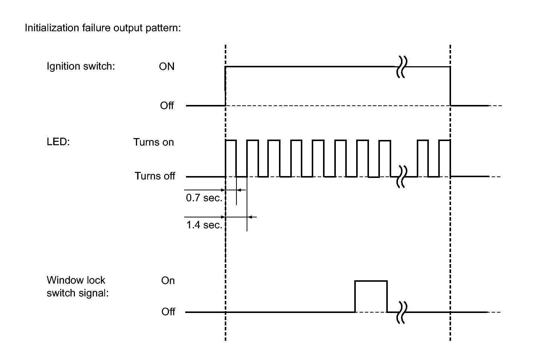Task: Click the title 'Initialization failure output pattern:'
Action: click(103, 28)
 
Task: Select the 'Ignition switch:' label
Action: click(81, 66)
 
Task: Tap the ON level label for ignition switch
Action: click(167, 67)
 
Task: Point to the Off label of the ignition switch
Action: click(167, 105)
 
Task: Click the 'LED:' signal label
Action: click(58, 142)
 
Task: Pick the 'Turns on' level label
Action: click(153, 142)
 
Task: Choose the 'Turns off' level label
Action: click(155, 176)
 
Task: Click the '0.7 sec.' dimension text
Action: click(204, 198)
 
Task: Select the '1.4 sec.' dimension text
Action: click(204, 225)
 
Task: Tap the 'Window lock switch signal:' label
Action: click(78, 287)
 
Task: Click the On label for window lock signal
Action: click(168, 281)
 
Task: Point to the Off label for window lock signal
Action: click(168, 311)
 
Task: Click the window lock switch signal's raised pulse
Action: click(371, 281)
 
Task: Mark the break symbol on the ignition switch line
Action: click(401, 67)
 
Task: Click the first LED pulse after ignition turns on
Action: click(231, 141)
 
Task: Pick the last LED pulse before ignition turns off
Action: click(445, 141)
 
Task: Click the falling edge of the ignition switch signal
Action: click(450, 86)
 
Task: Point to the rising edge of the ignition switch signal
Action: click(225, 86)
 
